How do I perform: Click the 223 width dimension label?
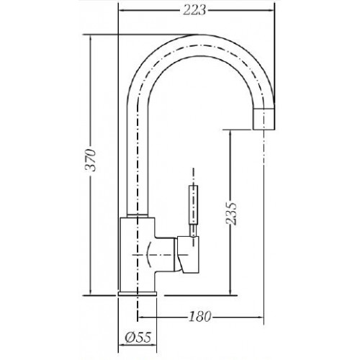(194, 10)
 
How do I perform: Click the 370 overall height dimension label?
(91, 160)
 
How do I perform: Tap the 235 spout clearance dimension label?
(231, 213)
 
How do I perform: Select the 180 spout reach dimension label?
(199, 316)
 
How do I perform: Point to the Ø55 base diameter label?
(138, 337)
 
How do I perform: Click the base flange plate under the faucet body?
(138, 294)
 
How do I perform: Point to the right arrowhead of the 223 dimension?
(271, 10)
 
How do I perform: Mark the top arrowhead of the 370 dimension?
(91, 38)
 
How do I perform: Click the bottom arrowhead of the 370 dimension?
(91, 292)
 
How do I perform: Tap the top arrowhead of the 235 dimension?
(230, 133)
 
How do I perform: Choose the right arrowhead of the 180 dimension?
(261, 317)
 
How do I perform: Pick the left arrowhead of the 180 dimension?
(141, 317)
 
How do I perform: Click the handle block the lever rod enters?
(189, 254)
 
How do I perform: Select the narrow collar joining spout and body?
(138, 215)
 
